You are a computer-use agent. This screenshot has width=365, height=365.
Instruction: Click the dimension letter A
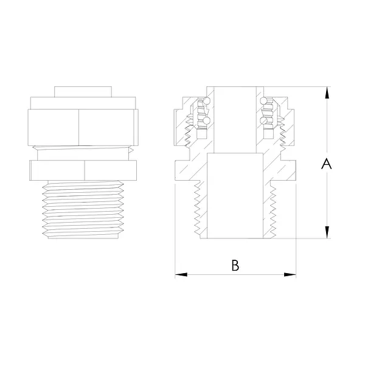(x=326, y=164)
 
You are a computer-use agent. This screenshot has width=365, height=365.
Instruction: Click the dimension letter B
(x=235, y=265)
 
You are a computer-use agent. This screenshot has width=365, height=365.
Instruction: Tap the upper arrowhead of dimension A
(x=327, y=92)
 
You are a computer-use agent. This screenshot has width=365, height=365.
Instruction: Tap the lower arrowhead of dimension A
(x=327, y=232)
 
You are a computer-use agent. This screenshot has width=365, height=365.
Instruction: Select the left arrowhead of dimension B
(x=181, y=275)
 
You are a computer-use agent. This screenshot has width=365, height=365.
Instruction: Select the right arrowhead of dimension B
(x=290, y=275)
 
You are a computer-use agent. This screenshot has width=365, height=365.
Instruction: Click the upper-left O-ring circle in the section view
(x=206, y=101)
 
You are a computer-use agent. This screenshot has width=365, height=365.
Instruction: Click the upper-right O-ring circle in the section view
(x=264, y=101)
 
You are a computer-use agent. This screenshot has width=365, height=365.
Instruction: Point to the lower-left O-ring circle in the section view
(x=206, y=120)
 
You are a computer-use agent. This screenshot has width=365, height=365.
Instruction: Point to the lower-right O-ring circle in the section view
(x=264, y=120)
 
